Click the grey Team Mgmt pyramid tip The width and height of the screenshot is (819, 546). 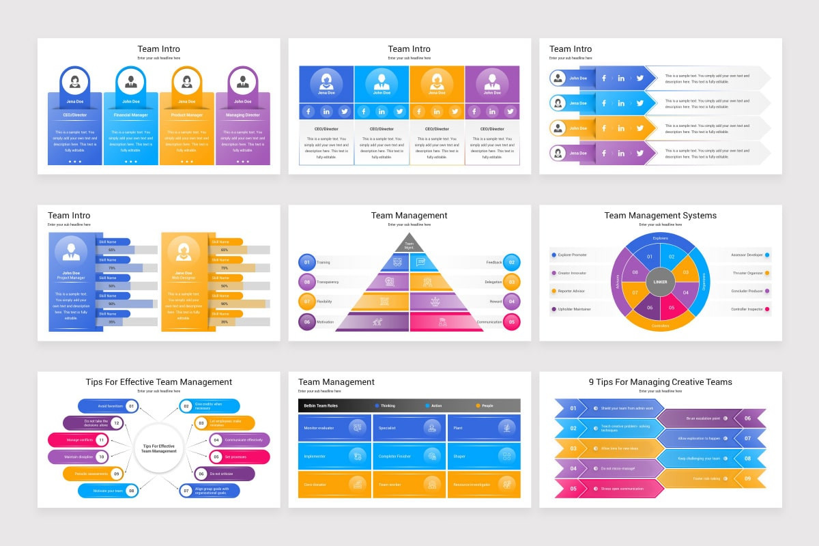pos(409,243)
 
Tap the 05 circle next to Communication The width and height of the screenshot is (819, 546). pos(511,321)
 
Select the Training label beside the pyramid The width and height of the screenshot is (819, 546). pos(324,262)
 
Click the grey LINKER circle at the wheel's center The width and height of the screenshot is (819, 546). pos(660,281)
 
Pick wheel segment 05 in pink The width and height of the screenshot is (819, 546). pos(672,307)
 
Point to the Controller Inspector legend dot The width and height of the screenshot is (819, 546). pos(767,309)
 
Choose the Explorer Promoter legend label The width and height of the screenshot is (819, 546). pos(573,255)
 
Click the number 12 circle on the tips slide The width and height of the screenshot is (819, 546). pos(117,423)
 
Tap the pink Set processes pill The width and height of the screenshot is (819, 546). pos(235,457)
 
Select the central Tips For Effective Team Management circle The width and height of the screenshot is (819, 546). pos(159,448)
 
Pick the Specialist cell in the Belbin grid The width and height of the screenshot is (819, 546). pos(409,428)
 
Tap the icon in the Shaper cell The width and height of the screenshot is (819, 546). pos(506,455)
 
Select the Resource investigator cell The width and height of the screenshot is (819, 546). pos(483,484)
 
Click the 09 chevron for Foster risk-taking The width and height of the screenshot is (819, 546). pos(747,478)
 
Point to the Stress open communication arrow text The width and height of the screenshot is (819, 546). pos(622,489)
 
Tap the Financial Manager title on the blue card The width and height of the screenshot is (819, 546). pos(130,115)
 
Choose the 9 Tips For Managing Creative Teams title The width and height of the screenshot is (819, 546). pos(660,382)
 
